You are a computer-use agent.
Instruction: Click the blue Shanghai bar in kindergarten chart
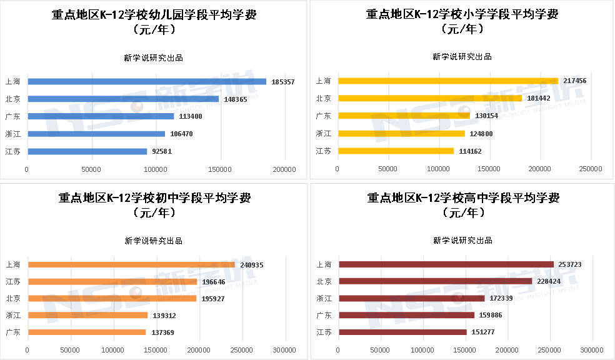pyautogui.click(x=147, y=82)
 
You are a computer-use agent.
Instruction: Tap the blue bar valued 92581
pyautogui.click(x=87, y=151)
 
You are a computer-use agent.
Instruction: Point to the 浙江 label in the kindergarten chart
pyautogui.click(x=12, y=134)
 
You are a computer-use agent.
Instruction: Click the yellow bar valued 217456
pyautogui.click(x=448, y=81)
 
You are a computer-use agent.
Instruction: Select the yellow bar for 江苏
pyautogui.click(x=396, y=151)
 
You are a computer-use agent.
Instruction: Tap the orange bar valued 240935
pyautogui.click(x=131, y=265)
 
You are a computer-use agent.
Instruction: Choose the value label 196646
pyautogui.click(x=215, y=282)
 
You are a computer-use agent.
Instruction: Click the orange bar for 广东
pyautogui.click(x=87, y=332)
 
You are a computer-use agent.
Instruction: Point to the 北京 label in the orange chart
pyautogui.click(x=12, y=299)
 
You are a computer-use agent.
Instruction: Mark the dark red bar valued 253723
pyautogui.click(x=446, y=264)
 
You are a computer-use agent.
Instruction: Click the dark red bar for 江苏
pyautogui.click(x=403, y=332)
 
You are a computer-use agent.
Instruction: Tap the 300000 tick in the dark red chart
pyautogui.click(x=591, y=350)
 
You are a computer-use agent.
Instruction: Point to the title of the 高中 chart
pyautogui.click(x=462, y=205)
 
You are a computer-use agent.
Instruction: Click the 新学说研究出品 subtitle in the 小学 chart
pyautogui.click(x=462, y=57)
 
